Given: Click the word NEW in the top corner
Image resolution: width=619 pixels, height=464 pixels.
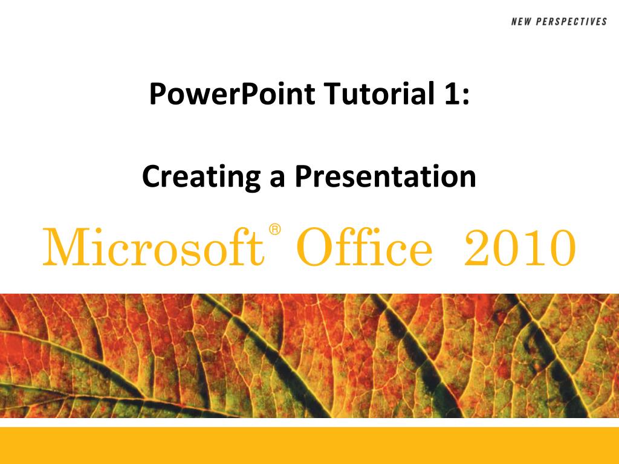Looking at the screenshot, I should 522,22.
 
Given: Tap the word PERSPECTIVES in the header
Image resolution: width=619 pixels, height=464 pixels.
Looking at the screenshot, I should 571,22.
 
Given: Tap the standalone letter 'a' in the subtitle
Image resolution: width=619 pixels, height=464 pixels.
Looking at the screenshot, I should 277,179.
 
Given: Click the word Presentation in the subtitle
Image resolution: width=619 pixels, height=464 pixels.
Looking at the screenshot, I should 385,176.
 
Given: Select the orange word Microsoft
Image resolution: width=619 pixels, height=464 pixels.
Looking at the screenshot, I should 153,249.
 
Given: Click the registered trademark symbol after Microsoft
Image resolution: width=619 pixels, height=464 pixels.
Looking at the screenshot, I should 275,230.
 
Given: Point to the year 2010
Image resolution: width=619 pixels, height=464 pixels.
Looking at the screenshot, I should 519,249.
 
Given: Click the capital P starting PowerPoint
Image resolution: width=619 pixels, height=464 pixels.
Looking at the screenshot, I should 157,95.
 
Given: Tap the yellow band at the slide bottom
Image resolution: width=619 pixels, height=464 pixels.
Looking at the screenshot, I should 309,445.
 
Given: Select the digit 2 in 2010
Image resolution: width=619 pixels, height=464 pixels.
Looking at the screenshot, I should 478,249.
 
